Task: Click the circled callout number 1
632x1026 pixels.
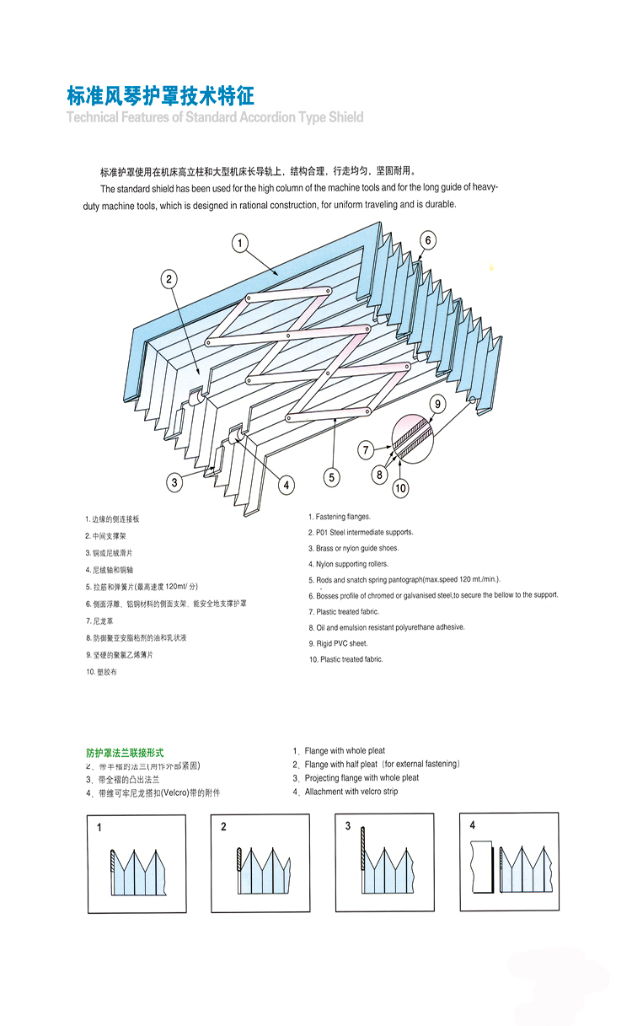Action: [240, 244]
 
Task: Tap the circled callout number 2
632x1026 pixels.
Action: [169, 279]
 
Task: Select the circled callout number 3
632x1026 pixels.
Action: [174, 482]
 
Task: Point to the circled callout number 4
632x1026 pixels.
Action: [287, 484]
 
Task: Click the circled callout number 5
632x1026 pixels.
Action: [332, 477]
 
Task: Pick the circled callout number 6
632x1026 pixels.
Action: [428, 241]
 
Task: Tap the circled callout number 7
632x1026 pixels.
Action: [367, 450]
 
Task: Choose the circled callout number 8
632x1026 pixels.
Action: [379, 475]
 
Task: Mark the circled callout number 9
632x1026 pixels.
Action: [437, 405]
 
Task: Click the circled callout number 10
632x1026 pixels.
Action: [400, 486]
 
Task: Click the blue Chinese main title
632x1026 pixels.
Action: [160, 94]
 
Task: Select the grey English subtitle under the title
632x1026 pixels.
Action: [215, 117]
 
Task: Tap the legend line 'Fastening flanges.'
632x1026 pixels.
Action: [339, 517]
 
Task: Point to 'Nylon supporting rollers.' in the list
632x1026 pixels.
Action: [344, 564]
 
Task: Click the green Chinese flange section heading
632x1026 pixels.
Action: [125, 752]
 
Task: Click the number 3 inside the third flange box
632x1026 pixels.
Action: [347, 826]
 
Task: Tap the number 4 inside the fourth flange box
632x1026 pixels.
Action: [472, 825]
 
